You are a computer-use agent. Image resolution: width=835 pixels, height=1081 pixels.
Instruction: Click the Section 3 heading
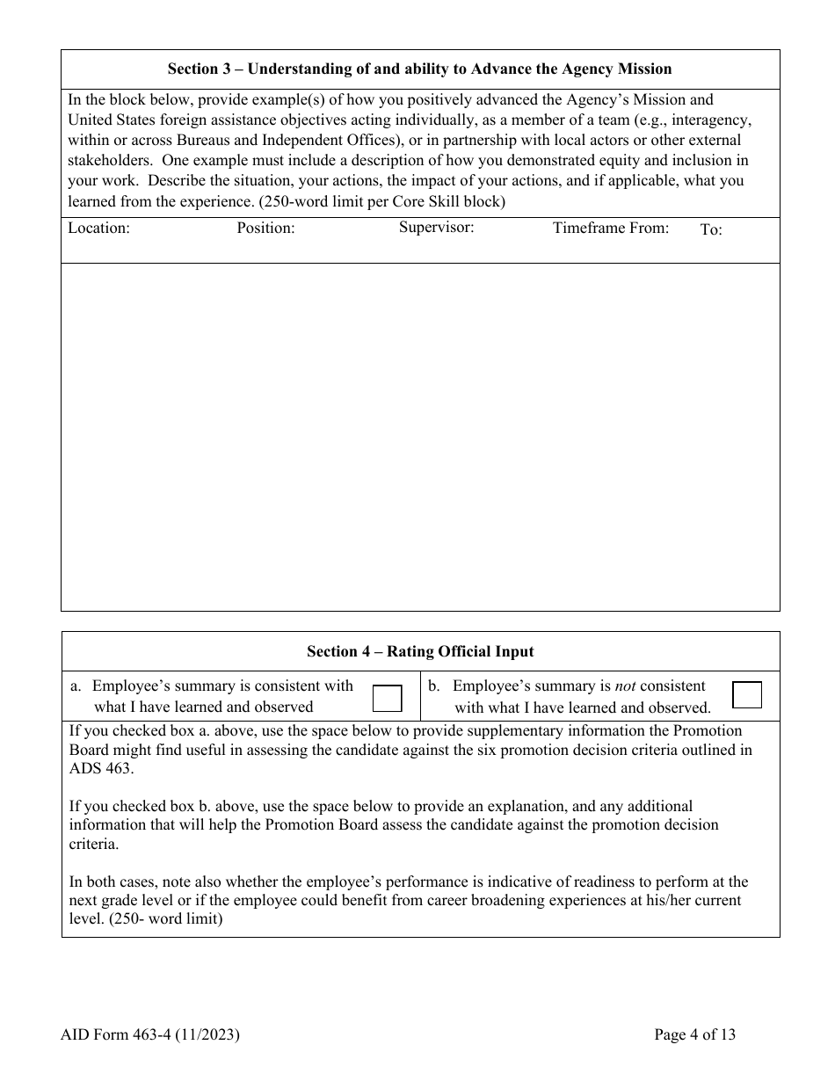420,69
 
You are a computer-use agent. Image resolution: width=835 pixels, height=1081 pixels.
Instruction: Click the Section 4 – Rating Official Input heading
420,652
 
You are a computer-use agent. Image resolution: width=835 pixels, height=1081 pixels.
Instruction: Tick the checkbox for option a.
388,698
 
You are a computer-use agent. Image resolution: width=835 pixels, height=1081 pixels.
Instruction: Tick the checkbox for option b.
747,694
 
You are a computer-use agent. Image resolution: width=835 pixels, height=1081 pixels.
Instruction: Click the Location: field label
99,229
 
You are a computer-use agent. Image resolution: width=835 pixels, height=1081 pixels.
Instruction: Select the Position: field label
265,229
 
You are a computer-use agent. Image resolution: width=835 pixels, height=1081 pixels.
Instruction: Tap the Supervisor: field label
437,228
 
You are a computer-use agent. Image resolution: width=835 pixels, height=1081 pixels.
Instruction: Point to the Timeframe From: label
611,229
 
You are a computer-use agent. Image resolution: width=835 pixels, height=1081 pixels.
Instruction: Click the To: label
711,230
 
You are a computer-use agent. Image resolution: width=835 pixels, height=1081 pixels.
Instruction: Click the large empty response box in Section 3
420,437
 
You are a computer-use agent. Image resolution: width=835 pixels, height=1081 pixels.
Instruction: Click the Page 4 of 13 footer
694,1034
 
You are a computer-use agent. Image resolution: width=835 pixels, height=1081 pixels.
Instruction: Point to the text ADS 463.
101,767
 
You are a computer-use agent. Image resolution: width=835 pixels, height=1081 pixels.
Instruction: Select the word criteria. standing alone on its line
94,843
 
